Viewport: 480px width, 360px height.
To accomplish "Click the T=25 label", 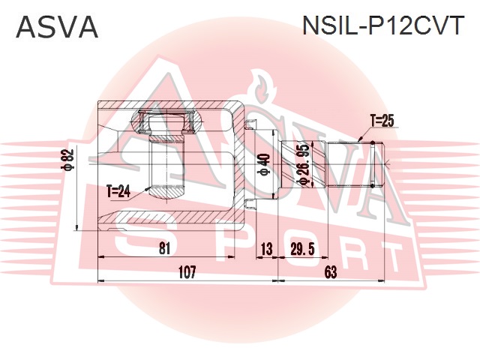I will pos(382,119).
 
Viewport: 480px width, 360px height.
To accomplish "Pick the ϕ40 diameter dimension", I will pos(262,166).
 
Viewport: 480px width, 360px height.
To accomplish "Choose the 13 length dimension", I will pos(265,248).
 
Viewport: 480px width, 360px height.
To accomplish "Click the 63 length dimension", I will pos(331,273).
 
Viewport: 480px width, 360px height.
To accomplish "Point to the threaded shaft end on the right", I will pos(353,166).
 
